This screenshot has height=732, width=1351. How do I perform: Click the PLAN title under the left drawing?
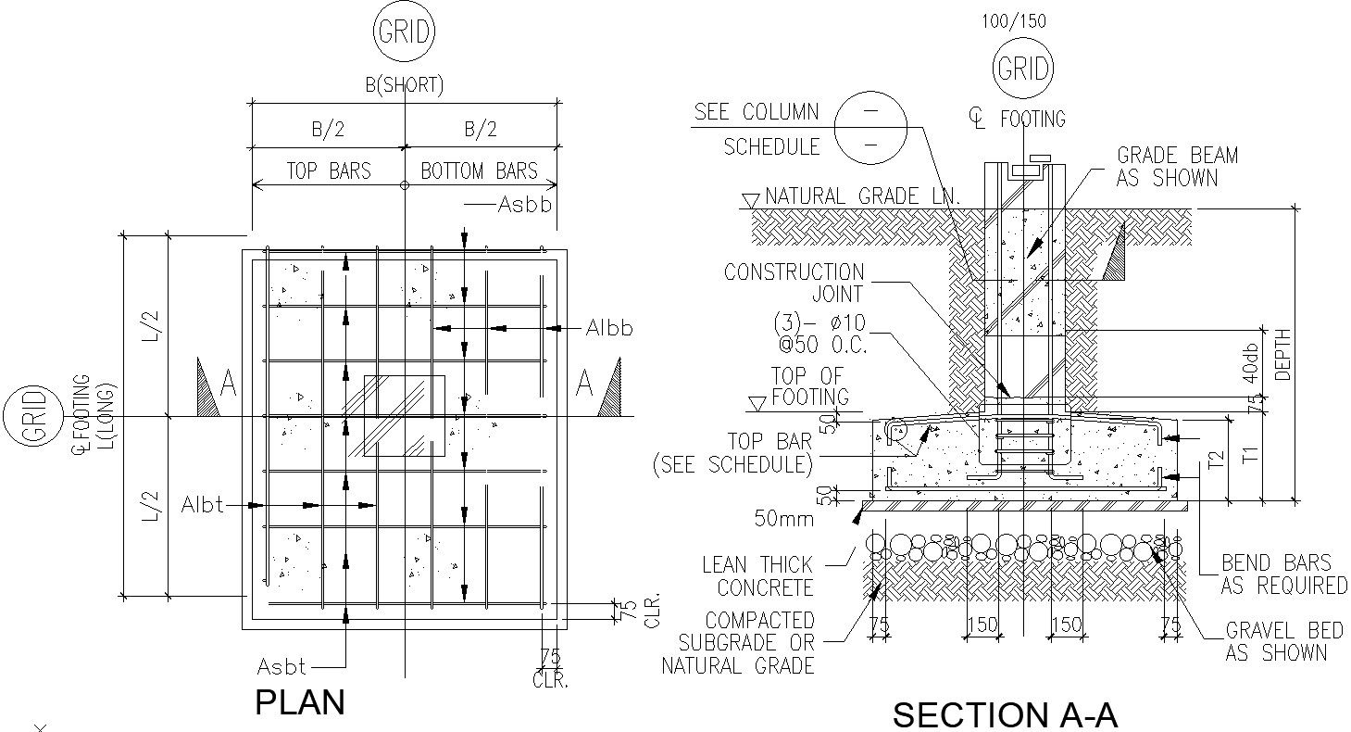coord(300,702)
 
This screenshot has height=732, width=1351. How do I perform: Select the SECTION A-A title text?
coord(1005,715)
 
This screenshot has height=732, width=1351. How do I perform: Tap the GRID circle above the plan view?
coord(404,32)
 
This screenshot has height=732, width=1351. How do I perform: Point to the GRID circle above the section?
coord(1023,69)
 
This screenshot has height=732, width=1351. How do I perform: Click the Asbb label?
coord(524,205)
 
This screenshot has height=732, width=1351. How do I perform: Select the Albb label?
coord(609,328)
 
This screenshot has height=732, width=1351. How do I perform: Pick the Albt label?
coord(203,506)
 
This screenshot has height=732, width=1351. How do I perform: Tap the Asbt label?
coord(281,666)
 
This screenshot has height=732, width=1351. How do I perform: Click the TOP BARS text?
coord(328,171)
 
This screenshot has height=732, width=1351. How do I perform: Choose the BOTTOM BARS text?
coord(479,171)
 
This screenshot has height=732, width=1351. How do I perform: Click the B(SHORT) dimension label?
coord(404,85)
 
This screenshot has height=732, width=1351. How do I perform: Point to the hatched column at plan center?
coord(404,415)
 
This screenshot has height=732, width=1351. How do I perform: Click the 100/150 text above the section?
coord(1014,21)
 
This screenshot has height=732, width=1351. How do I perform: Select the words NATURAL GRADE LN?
coord(862,196)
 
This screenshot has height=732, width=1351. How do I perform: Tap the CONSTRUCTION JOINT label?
coord(794,283)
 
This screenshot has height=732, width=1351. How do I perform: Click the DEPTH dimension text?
coord(1282,355)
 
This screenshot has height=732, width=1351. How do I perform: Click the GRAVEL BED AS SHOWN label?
coord(1283,642)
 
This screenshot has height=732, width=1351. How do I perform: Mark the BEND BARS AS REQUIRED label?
coord(1283,574)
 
